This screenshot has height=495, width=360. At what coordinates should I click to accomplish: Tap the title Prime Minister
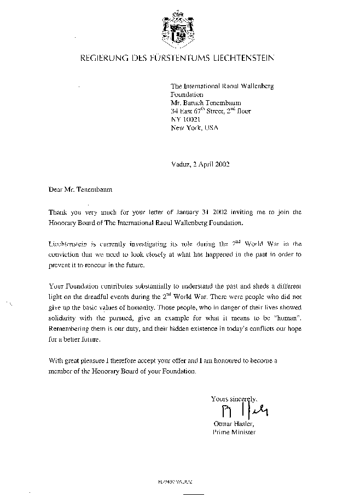[234, 431]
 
